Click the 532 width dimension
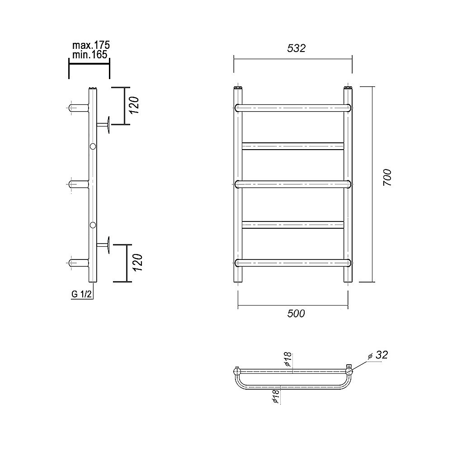point(296,48)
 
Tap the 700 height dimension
point(387,177)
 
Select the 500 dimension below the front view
point(296,313)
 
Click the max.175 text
point(91,45)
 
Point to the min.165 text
point(89,55)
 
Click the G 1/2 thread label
point(81,294)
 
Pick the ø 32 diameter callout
point(378,355)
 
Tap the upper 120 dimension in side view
point(135,105)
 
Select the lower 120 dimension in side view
point(138,262)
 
